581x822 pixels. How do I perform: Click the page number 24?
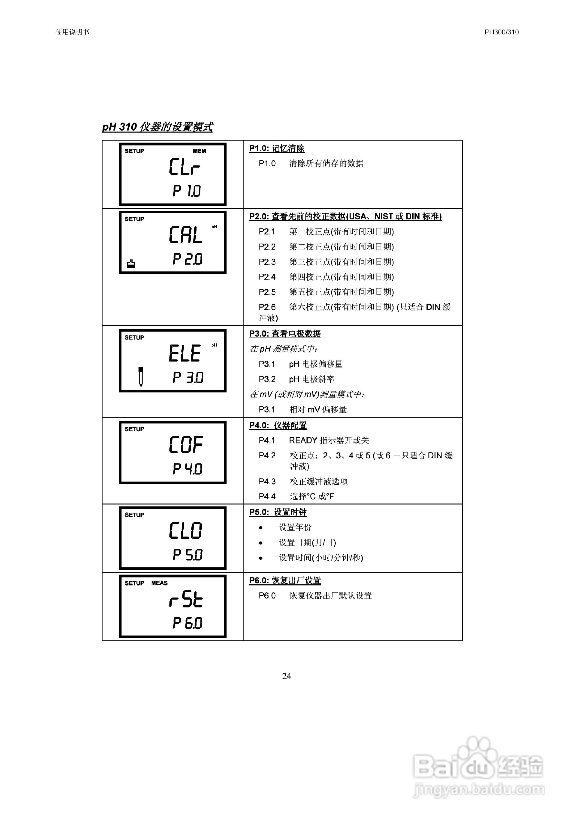coord(287,676)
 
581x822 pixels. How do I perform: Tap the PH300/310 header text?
coord(501,32)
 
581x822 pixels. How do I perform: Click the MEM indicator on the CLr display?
coord(199,151)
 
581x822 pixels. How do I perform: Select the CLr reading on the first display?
coord(185,167)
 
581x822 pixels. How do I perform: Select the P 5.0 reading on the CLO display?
coord(187,555)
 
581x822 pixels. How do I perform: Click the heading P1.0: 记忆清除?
coord(277,149)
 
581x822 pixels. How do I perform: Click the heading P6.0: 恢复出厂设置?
coord(285,580)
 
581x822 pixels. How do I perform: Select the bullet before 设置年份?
coord(260,528)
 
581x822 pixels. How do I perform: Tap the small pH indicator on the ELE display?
coord(214,346)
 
